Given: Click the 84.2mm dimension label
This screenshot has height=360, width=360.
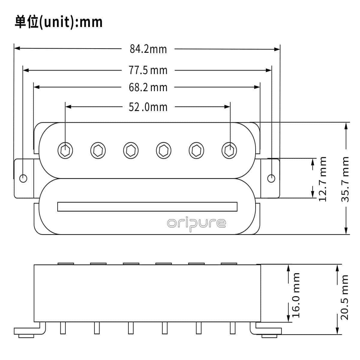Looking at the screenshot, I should (x=148, y=49).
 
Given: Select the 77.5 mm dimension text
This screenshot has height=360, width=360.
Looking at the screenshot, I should (x=148, y=70).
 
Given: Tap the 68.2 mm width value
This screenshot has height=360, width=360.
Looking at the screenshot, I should (x=148, y=88).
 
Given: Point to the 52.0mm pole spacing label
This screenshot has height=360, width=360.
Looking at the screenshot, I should (x=148, y=107).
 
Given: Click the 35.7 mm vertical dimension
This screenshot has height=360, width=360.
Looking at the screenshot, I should (x=346, y=179).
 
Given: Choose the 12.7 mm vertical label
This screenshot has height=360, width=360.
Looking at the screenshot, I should (x=322, y=179).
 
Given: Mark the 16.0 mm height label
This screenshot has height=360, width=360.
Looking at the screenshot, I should (x=296, y=295).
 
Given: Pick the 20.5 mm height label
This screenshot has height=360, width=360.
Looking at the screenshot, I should (x=344, y=297).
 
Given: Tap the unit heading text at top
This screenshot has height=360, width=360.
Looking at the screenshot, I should (x=59, y=22).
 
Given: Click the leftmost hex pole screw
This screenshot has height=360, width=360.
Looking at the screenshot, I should (x=65, y=150).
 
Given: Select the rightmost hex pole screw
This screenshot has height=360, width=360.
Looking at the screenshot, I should (x=229, y=150).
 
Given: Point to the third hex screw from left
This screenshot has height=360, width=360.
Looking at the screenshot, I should (x=131, y=150).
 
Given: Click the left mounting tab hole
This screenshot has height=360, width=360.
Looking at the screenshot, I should (x=23, y=178).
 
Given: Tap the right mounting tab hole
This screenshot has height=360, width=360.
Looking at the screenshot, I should (x=271, y=178).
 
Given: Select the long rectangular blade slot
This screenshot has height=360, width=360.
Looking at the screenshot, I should (x=147, y=207).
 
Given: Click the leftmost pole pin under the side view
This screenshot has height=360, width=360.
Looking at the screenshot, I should (x=63, y=328).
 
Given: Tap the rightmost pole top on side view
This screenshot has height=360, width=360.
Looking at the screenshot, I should (x=229, y=264).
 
